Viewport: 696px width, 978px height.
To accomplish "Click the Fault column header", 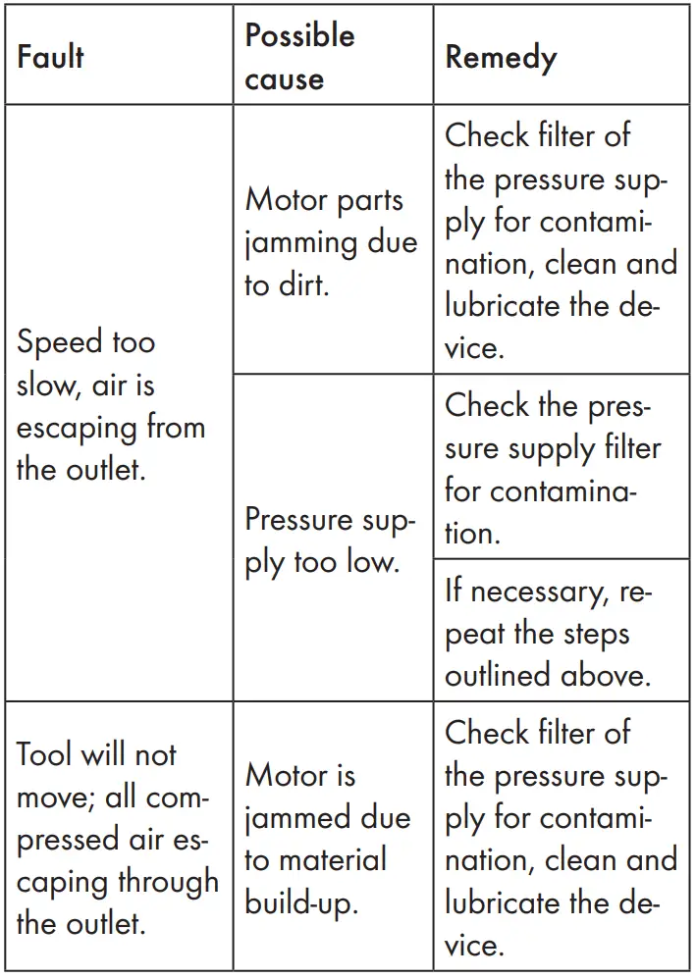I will coord(50,58).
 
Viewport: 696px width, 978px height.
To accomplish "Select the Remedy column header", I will coord(501,58).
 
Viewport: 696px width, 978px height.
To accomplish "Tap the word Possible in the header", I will coord(299,36).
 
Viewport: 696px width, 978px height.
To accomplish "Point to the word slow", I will coord(45,386).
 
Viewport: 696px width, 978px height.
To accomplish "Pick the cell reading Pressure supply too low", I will coord(330,539).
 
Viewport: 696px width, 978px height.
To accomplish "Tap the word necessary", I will coord(539,592).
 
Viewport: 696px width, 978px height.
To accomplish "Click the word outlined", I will coord(502,676).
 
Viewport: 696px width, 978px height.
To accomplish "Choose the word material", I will coord(343,860).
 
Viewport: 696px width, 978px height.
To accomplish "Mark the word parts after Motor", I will coord(365,200).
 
